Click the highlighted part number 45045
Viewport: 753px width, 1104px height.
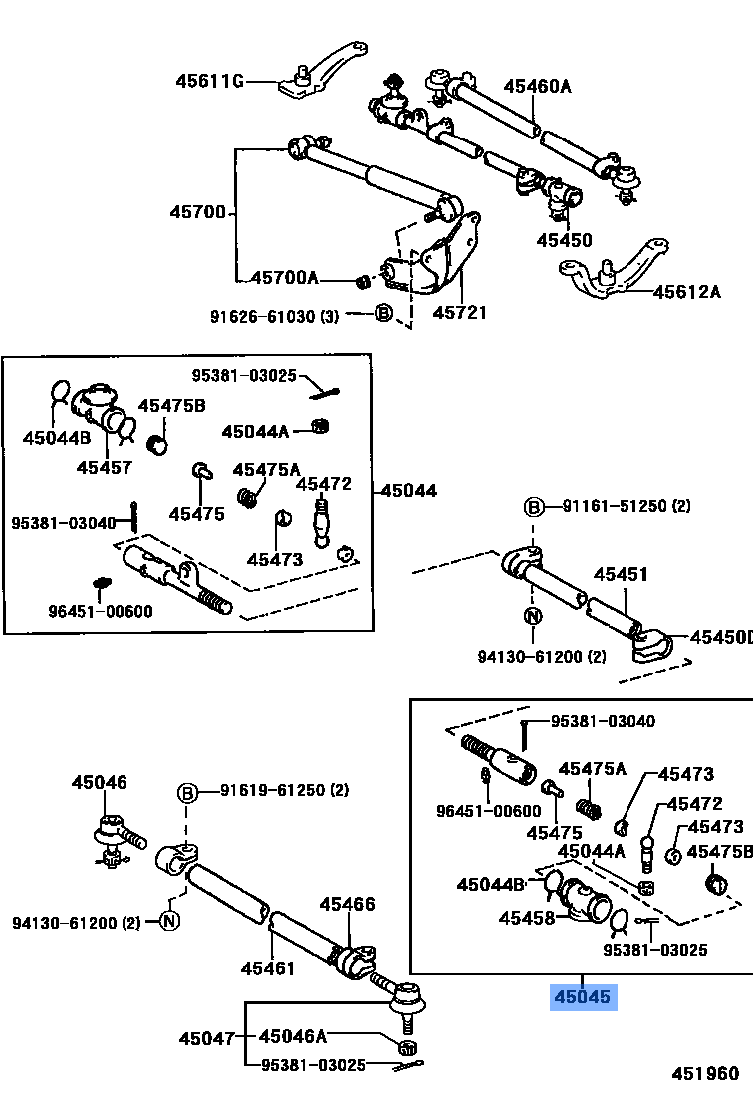coord(585,997)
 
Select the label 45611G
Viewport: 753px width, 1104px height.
coord(209,81)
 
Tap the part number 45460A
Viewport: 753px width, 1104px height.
coord(537,87)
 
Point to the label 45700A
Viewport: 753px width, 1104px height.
coord(284,278)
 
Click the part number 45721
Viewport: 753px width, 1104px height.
coord(459,313)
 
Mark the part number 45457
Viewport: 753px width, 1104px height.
coord(104,466)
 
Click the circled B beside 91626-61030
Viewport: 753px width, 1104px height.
coord(383,315)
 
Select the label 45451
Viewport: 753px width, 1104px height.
coord(621,575)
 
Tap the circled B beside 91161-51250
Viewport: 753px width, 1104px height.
coord(534,507)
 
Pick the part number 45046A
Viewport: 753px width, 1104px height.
coord(293,1037)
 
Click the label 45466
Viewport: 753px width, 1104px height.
coord(347,905)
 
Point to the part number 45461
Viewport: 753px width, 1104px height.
coord(268,967)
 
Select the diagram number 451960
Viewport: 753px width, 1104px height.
coord(705,1073)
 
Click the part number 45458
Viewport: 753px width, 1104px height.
coord(527,918)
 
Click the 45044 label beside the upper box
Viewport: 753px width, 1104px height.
coord(408,490)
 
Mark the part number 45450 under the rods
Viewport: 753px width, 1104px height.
coord(564,240)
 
